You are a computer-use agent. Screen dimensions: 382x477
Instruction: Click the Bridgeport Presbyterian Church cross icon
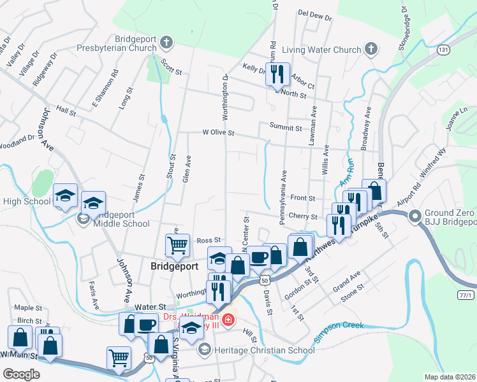coord(166,43)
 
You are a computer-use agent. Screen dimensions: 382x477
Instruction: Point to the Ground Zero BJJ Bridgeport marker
coord(416,216)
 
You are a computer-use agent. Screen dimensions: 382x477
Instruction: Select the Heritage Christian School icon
coord(204,349)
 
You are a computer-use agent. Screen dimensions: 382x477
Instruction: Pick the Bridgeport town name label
coord(175,265)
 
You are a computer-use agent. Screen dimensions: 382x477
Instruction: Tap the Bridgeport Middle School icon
coord(84,219)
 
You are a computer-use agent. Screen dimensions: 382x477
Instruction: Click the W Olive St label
coord(219,134)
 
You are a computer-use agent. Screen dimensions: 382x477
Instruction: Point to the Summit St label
coord(285,128)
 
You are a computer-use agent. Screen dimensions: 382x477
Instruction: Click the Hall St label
coord(66,110)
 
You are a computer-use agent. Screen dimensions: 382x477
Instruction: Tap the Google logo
coord(20,374)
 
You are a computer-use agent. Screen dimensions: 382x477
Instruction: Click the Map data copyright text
coord(450,377)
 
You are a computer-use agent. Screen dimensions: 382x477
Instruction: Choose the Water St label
coord(152,290)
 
